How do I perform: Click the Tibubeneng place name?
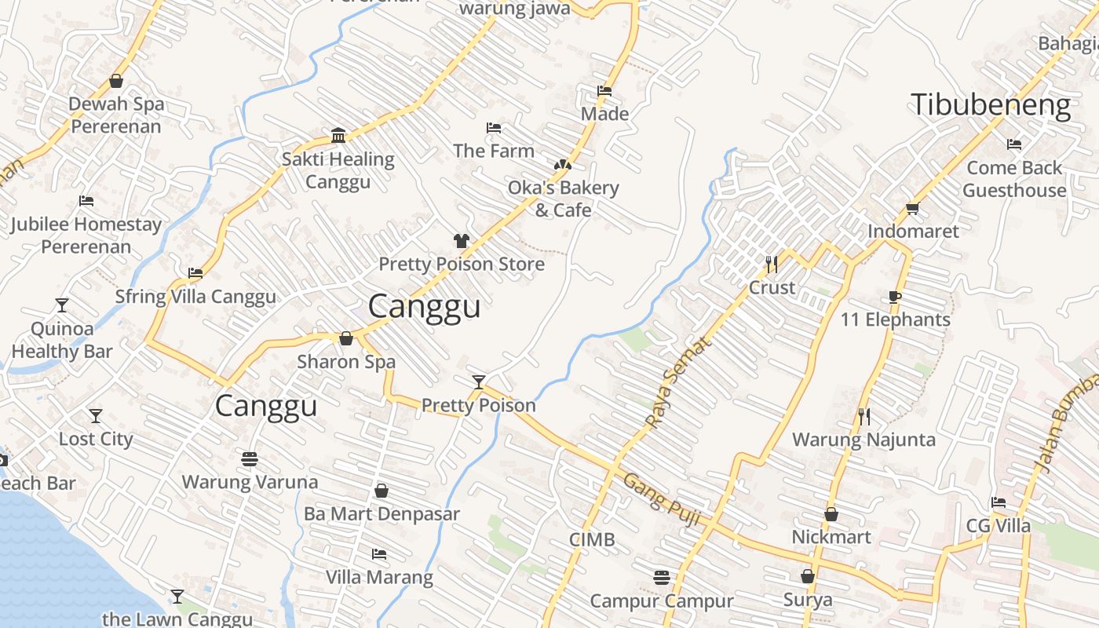[991, 105]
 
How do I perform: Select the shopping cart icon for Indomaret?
[912, 209]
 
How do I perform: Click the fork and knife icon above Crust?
[772, 264]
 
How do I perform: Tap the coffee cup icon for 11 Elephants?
[894, 297]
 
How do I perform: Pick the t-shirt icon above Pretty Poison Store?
[461, 240]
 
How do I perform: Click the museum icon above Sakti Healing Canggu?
[338, 136]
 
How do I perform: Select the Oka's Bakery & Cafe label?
[563, 199]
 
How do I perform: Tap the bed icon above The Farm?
[494, 128]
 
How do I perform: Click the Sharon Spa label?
[345, 362]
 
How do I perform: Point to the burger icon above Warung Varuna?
[250, 458]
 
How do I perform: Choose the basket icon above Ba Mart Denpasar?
[382, 491]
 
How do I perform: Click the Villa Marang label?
[379, 577]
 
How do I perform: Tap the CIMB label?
[592, 539]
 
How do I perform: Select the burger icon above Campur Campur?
[662, 578]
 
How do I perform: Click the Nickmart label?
[831, 537]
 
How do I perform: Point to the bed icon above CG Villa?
[998, 502]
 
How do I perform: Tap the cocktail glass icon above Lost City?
[96, 415]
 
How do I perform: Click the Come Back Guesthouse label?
[1014, 179]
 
